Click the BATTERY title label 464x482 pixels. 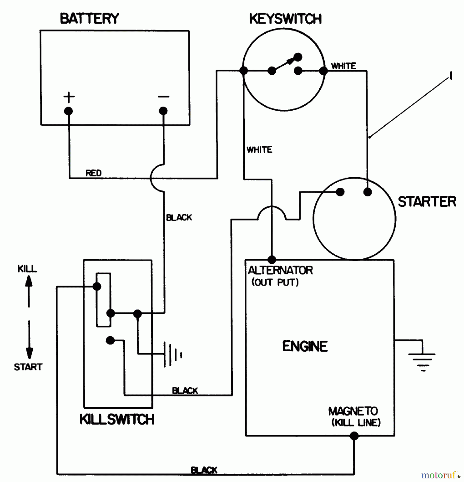coord(89,19)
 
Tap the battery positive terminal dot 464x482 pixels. coord(68,111)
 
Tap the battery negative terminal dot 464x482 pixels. coord(163,111)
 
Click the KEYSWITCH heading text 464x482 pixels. coord(285,19)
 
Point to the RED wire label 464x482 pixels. coord(94,173)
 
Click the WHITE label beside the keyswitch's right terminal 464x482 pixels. coord(343,66)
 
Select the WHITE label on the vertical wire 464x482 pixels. coord(259,149)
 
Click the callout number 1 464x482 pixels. coord(451,76)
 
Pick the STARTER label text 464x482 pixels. coord(427,202)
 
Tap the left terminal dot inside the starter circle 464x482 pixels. coord(340,192)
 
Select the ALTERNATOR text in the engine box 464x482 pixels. coord(280,270)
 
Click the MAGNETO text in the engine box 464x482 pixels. coord(353,411)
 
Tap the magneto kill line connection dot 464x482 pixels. coord(354,436)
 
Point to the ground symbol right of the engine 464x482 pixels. coord(423,360)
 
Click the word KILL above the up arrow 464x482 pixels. coord(27,269)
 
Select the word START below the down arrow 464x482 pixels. coord(28,367)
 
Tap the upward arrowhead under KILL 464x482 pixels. coord(29,281)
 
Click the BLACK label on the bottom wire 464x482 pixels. coord(204,470)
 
